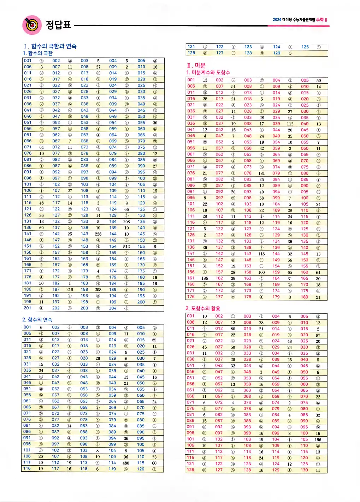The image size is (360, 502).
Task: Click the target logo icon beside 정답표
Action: point(32,25)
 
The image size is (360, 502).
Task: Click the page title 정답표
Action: point(59,25)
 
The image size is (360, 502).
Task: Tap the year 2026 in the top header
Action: point(277,20)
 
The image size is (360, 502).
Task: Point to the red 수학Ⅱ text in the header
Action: point(321,20)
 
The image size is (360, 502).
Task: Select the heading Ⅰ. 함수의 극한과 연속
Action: point(50,46)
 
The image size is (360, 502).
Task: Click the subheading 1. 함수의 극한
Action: point(37,53)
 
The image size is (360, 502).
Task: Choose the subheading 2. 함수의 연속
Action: point(37,320)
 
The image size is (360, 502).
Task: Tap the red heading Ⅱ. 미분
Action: point(196,65)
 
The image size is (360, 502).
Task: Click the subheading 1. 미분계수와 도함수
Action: point(208,72)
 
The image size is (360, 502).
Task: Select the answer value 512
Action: point(126,247)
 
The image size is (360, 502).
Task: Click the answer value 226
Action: point(98,234)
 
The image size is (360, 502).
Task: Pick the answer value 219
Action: point(70,290)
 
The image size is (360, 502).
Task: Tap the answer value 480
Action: point(126,463)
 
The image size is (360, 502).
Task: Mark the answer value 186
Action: point(205,278)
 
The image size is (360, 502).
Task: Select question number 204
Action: point(113,308)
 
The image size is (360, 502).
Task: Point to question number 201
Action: point(28,308)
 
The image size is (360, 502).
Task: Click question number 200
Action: point(141,302)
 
